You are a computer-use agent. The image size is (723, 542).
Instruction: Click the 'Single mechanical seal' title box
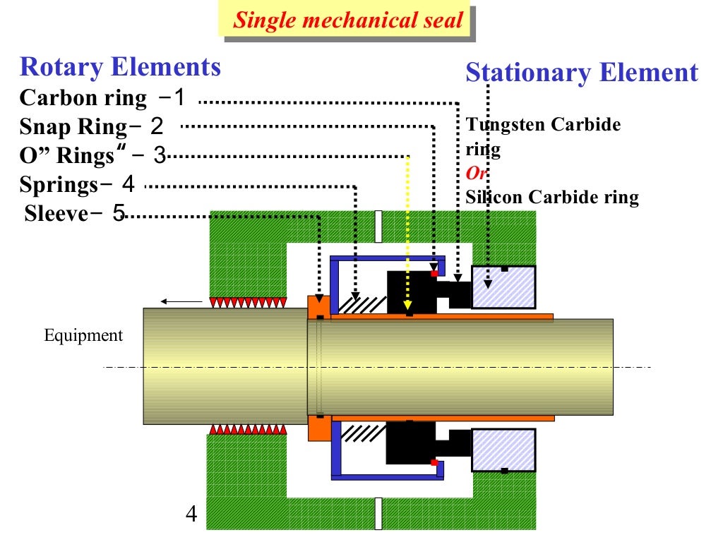point(349,20)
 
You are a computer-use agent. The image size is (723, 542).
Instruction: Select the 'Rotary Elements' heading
point(121,67)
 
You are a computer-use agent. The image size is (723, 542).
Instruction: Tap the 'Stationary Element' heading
point(582,73)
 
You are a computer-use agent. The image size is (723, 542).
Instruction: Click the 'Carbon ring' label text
point(83,97)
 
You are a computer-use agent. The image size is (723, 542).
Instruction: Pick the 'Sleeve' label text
point(57,212)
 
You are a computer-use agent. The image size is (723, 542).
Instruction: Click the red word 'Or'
point(477,174)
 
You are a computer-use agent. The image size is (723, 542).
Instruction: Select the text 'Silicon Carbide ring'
point(551,197)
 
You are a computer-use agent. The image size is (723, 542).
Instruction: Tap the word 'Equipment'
point(83,335)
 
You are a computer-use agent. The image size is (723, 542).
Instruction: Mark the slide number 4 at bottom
point(191,513)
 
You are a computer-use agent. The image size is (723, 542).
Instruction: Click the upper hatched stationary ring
point(503,287)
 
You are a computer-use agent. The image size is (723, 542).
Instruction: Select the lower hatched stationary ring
point(503,449)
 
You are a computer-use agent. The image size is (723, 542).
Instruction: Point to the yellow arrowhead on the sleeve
point(407,306)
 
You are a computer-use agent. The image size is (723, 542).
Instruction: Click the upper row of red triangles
point(248,303)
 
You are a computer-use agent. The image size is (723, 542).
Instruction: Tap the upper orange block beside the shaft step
point(319,306)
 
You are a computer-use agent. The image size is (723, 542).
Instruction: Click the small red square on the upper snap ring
point(434,273)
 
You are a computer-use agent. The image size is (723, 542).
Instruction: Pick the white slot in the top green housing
point(379,226)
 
